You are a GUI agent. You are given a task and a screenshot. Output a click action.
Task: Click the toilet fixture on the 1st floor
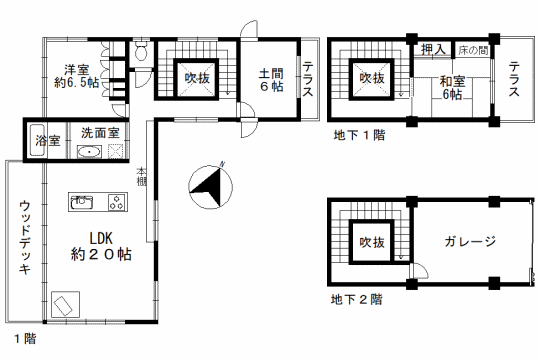pyautogui.click(x=141, y=51)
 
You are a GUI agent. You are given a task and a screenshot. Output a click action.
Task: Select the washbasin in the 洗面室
pyautogui.click(x=89, y=152)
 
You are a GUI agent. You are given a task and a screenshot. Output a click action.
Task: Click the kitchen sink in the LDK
pyautogui.click(x=82, y=202)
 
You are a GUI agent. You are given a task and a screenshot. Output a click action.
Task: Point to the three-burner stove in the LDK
pyautogui.click(x=117, y=202)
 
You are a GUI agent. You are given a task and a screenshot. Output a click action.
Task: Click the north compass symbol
pyautogui.click(x=210, y=186)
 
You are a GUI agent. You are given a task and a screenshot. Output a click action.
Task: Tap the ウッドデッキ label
pyautogui.click(x=25, y=237)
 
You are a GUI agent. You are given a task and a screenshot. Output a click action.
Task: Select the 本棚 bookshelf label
pyautogui.click(x=141, y=176)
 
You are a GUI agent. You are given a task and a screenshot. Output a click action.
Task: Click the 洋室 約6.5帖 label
pyautogui.click(x=76, y=76)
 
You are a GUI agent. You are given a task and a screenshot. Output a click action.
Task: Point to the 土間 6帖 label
pyautogui.click(x=271, y=80)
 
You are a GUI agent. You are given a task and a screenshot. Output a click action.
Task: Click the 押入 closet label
pyautogui.click(x=434, y=50)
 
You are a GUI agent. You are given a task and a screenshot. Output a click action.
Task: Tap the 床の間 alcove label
pyautogui.click(x=473, y=50)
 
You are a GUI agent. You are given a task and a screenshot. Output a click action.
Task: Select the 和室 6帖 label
pyautogui.click(x=453, y=88)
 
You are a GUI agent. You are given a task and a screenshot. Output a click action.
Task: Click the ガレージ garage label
pyautogui.click(x=470, y=241)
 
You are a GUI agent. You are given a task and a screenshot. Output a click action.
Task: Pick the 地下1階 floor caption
pyautogui.click(x=359, y=135)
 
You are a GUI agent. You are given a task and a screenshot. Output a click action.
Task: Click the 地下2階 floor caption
pyautogui.click(x=356, y=299)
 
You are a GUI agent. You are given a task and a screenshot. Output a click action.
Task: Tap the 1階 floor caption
pyautogui.click(x=25, y=339)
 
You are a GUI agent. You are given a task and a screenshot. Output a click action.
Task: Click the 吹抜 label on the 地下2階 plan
pyautogui.click(x=372, y=243)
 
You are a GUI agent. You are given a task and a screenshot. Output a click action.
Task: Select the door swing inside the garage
pyautogui.click(x=420, y=271)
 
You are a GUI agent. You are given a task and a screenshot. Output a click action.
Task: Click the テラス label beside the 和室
pyautogui.click(x=514, y=79)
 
